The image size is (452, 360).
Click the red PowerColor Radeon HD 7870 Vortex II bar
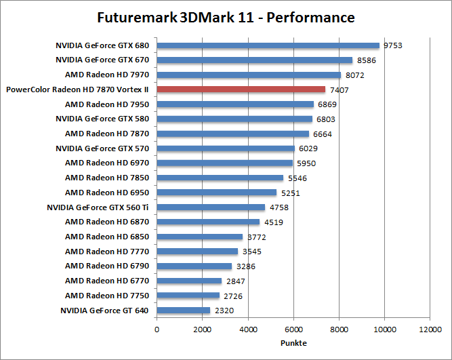point(241,89)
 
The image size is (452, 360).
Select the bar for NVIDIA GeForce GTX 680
point(268,45)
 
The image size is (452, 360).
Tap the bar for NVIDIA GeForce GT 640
point(184,311)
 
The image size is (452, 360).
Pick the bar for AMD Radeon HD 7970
point(249,75)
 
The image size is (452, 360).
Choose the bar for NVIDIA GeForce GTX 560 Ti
point(211,207)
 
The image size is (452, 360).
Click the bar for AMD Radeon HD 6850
point(200,237)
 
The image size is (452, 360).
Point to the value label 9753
point(393,45)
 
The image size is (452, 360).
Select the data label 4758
point(279,207)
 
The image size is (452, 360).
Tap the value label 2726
point(233,296)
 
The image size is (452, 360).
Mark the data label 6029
point(308,148)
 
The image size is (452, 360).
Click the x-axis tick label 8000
point(339,329)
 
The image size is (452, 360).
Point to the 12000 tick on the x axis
point(430,329)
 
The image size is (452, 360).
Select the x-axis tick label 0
point(157,329)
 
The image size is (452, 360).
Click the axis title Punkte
point(293,342)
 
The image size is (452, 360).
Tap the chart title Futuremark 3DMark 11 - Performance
point(226,17)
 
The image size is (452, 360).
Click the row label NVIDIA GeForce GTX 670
point(102,60)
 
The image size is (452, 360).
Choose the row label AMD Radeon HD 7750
point(107,296)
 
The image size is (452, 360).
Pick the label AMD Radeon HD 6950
point(107,193)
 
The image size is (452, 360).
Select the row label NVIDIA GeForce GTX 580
point(102,119)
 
